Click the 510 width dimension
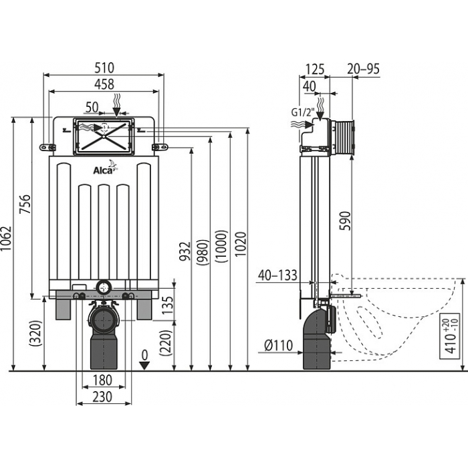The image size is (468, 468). coord(104,68)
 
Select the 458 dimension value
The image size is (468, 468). coord(104,84)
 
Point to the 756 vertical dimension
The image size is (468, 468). coord(25,204)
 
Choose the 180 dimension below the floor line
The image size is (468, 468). coord(102,380)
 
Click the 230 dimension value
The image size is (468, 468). coord(102,397)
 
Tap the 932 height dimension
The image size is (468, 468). coord(185,251)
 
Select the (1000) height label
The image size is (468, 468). coord(222,247)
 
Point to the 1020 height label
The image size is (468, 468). coord(241,244)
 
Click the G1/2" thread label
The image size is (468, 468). coord(303,112)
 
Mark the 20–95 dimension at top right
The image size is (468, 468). coord(363,70)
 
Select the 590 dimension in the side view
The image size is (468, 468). coord(346,221)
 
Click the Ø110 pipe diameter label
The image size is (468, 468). coord(279,346)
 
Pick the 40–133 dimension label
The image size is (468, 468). coord(277,275)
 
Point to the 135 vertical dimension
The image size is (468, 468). coord(167,304)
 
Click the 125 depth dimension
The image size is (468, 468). coord(315,70)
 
